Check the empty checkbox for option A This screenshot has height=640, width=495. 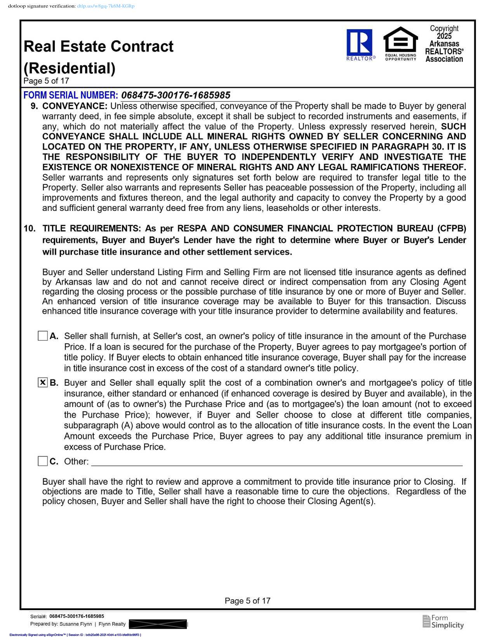[43, 336]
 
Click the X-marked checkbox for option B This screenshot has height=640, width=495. [43, 383]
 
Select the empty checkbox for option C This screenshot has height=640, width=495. [43, 461]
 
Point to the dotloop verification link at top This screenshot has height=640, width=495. [106, 6]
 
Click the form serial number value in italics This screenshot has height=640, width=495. [175, 95]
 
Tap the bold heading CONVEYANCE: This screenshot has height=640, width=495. [75, 106]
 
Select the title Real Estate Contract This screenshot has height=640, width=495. [99, 46]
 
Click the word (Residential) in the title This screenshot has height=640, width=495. [69, 68]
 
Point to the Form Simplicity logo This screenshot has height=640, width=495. [443, 621]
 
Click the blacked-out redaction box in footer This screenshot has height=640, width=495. [158, 624]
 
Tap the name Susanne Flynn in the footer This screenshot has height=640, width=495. [76, 624]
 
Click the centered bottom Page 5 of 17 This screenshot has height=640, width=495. [247, 601]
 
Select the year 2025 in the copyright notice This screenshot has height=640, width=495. [444, 36]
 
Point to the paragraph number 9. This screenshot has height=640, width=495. [34, 106]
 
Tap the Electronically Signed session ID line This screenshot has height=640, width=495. [75, 635]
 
